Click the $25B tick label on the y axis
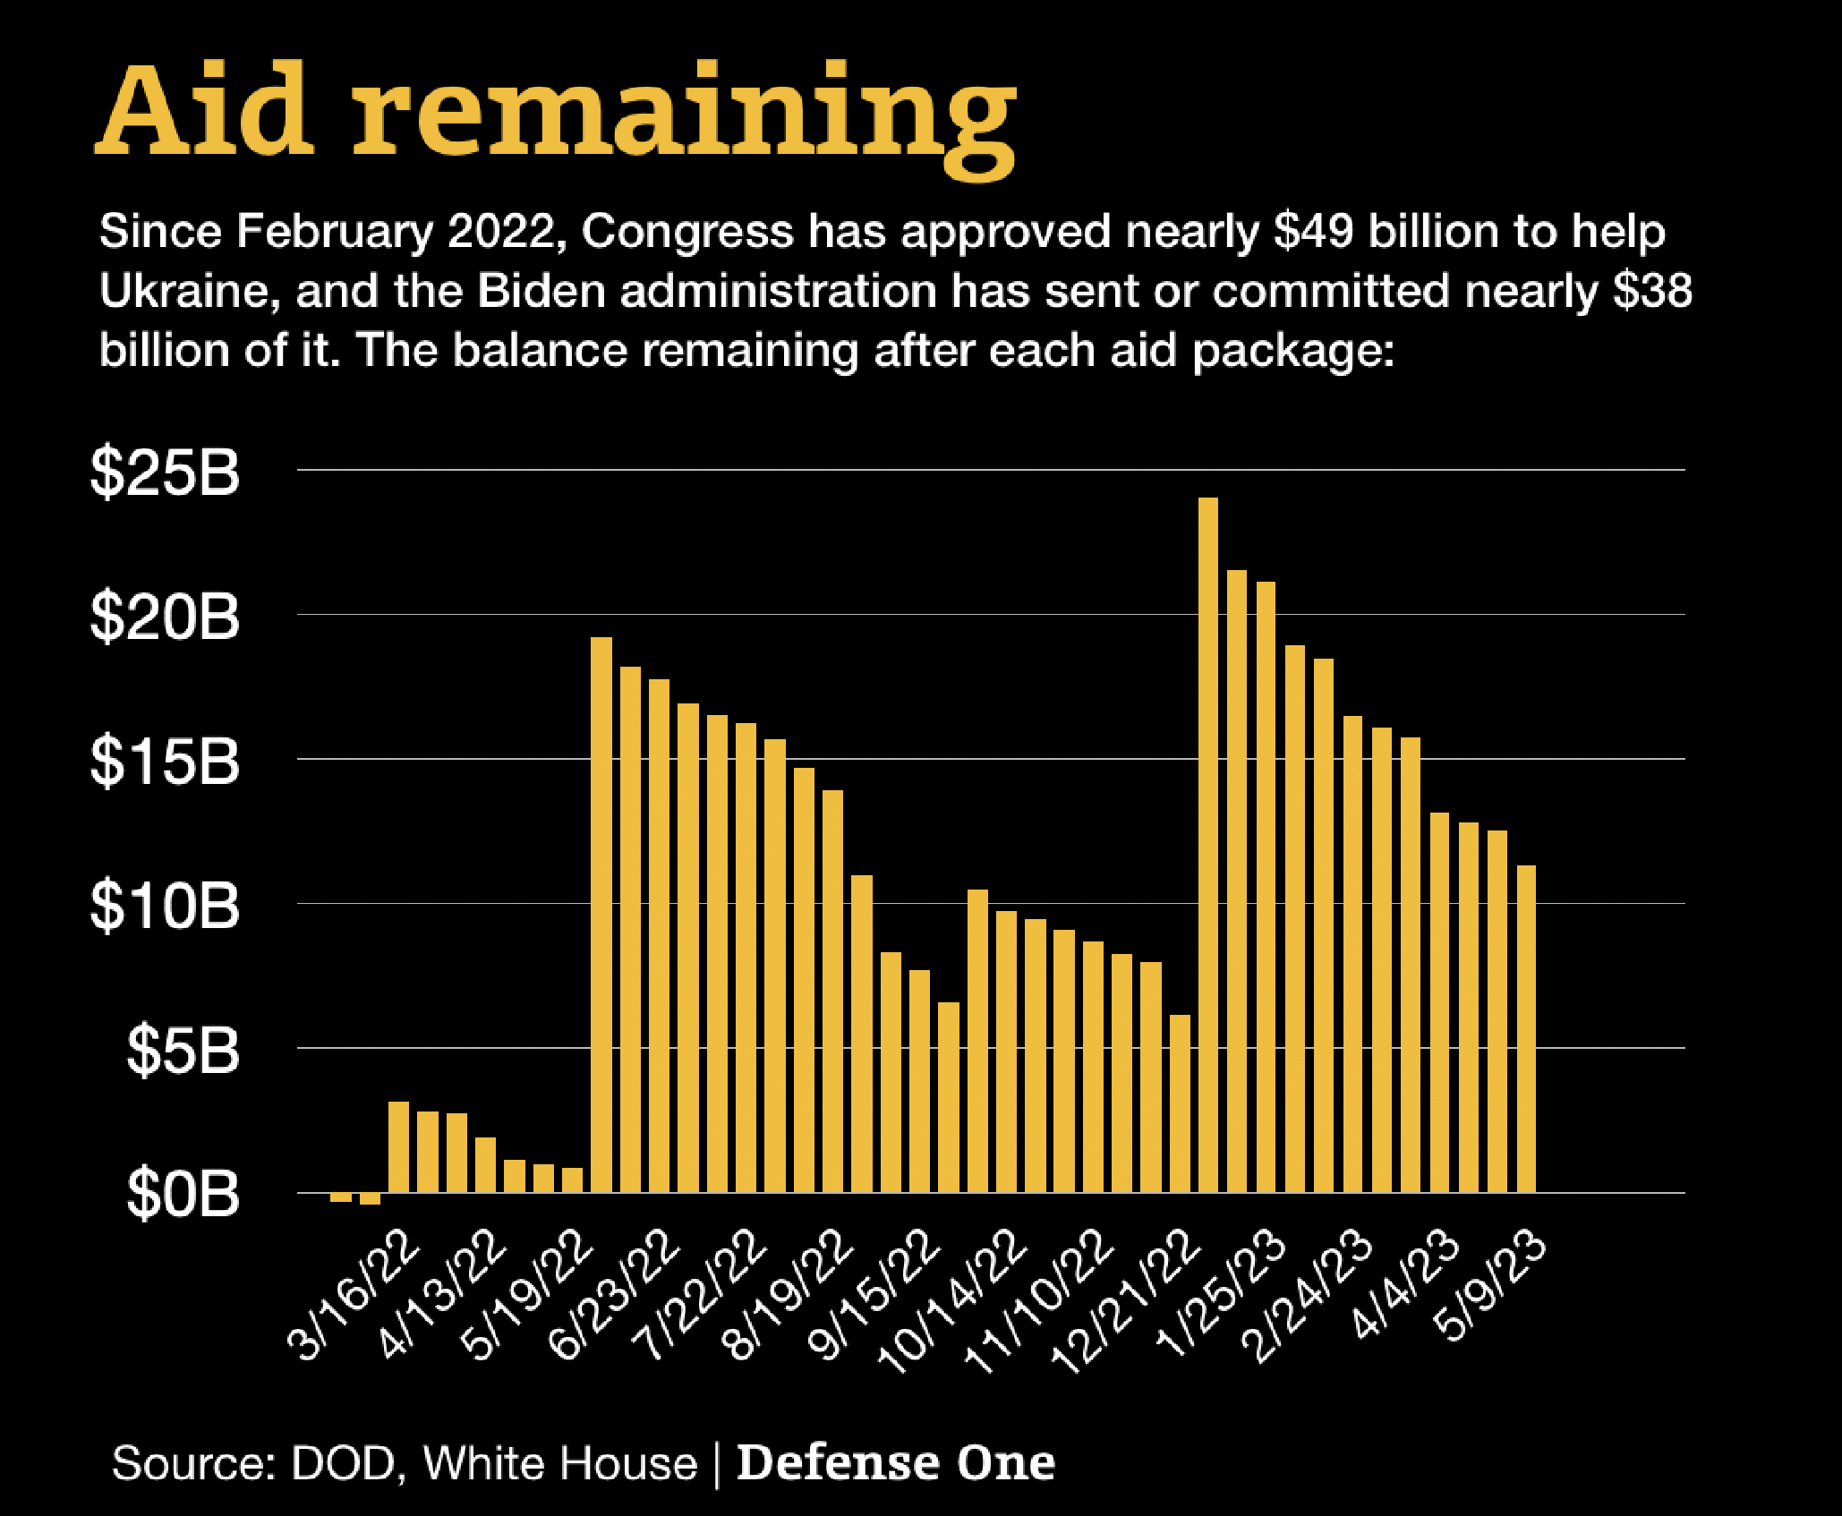[x=166, y=472]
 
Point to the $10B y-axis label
[x=166, y=906]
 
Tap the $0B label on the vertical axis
[x=183, y=1194]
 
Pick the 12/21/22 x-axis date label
[x=1125, y=1302]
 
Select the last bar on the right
[x=1526, y=1029]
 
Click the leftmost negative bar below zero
[x=341, y=1197]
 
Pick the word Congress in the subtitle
[x=686, y=232]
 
